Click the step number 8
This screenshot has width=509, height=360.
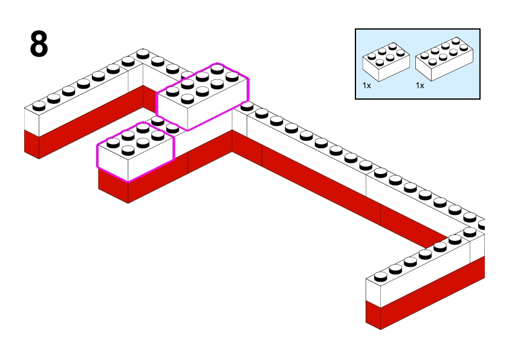point(39,45)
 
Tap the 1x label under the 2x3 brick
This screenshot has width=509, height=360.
point(366,86)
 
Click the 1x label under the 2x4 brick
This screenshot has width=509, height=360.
point(420,86)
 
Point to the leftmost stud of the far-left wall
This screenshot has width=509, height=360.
point(39,106)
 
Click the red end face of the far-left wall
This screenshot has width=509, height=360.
point(31,144)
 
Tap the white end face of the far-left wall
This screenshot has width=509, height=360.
point(31,121)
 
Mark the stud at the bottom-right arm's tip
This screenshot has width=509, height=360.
point(380,277)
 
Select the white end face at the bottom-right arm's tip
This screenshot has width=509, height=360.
point(373,292)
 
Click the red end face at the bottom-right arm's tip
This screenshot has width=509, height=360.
point(373,315)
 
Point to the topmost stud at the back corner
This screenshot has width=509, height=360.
point(143,54)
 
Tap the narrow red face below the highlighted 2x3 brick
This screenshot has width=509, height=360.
point(113,186)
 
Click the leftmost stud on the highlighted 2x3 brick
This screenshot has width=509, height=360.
point(112,143)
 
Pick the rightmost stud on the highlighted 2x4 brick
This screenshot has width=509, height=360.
point(232,77)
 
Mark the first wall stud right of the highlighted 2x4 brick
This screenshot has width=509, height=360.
point(247,106)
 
